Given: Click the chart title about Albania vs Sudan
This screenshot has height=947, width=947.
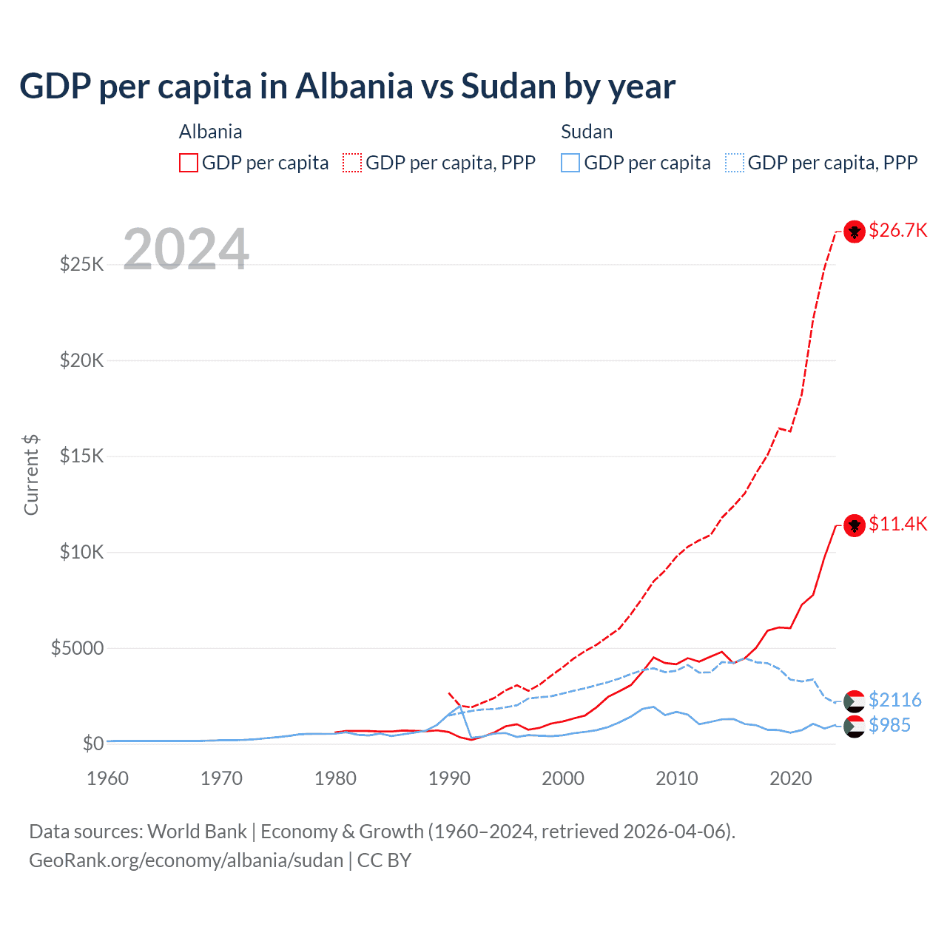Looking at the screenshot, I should click(x=347, y=87).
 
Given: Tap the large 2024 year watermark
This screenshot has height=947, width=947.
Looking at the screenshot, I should click(x=186, y=249).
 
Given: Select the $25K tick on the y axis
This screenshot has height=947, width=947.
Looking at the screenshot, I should click(x=81, y=264).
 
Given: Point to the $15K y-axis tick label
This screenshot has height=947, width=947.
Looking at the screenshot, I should click(x=81, y=456).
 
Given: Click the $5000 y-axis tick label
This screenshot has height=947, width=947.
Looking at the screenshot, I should click(x=77, y=648).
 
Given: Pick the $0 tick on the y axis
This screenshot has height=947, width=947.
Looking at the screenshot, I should click(x=92, y=744).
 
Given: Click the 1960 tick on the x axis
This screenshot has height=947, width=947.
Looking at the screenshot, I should click(x=108, y=778).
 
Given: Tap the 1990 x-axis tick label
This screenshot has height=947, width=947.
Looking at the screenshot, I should click(x=449, y=778).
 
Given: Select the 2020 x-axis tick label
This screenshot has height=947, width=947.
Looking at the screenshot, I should click(x=791, y=778).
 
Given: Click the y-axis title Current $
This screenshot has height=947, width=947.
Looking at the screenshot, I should click(x=31, y=475).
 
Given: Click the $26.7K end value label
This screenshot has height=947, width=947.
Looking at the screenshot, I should click(x=897, y=231).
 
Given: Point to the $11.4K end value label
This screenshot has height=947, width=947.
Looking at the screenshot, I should click(x=897, y=525).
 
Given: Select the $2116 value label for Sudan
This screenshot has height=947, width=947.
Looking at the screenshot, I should click(x=894, y=700).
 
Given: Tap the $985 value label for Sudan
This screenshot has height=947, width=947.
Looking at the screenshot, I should click(x=889, y=725).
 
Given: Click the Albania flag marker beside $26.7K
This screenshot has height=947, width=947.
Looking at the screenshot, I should click(x=855, y=232).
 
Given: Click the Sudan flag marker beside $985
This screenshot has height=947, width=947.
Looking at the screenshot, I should click(x=855, y=727).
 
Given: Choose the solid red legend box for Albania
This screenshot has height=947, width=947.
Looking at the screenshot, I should click(x=189, y=163).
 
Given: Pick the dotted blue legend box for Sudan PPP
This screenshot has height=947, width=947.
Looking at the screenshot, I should click(x=735, y=163).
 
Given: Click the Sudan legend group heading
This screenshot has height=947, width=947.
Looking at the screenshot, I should click(x=587, y=132).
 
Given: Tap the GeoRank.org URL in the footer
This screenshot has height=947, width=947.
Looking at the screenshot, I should click(x=186, y=860).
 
